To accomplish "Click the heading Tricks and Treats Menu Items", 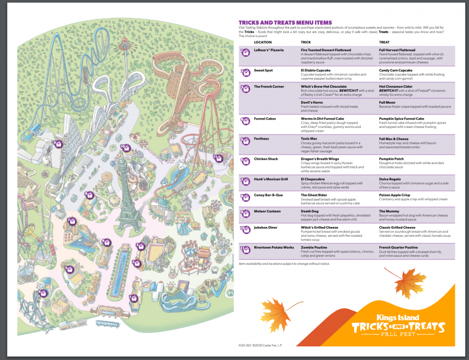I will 285,22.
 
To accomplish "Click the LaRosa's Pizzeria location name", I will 269,50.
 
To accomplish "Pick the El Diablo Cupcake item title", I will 317,70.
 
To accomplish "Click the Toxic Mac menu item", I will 309,139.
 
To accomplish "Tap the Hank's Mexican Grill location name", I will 271,180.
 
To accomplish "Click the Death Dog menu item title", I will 310,211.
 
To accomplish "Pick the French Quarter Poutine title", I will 398,247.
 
